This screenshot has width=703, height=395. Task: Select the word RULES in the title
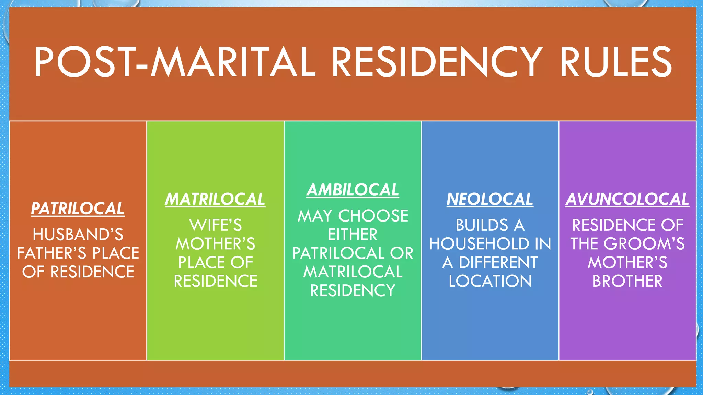(x=616, y=62)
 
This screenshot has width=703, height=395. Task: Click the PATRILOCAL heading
(x=78, y=208)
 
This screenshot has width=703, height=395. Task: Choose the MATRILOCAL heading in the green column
(x=215, y=199)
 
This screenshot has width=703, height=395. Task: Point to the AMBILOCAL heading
(x=353, y=190)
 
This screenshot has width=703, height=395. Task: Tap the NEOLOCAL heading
(x=490, y=199)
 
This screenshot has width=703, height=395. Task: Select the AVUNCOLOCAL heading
(x=627, y=199)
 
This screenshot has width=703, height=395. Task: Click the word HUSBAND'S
(x=78, y=235)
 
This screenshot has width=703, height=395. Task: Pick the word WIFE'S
(x=216, y=226)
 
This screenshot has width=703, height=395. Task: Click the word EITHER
(x=353, y=235)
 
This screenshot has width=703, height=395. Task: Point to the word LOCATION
(x=490, y=281)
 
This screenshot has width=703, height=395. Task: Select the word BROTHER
(x=627, y=281)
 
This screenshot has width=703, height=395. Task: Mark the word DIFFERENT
(x=498, y=263)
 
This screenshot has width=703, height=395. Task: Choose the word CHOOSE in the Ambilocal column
(x=373, y=216)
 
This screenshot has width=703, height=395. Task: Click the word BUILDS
(x=482, y=226)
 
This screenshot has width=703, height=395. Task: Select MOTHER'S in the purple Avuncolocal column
(x=627, y=263)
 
